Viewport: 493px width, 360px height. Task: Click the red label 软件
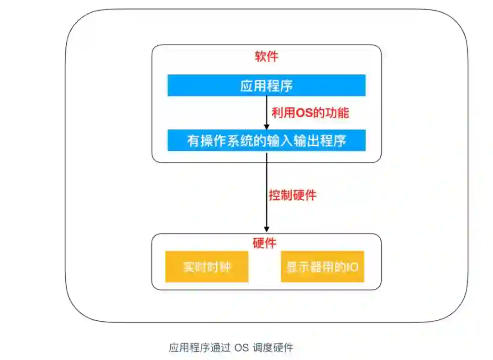tap(266, 57)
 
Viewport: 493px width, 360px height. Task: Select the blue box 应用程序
tap(266, 85)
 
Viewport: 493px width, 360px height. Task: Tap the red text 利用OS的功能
tap(310, 112)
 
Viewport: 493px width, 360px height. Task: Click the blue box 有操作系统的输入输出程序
tap(266, 140)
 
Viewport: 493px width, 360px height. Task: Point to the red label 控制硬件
tap(292, 195)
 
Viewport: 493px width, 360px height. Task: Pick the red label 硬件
tap(264, 243)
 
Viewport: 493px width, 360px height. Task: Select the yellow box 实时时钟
tap(207, 266)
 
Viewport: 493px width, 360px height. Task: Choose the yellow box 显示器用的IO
tap(322, 266)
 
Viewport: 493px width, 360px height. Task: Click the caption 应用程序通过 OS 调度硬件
tap(231, 348)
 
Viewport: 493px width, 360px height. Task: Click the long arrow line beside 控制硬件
tap(267, 192)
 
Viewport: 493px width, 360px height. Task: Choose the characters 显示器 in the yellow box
tap(304, 266)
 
